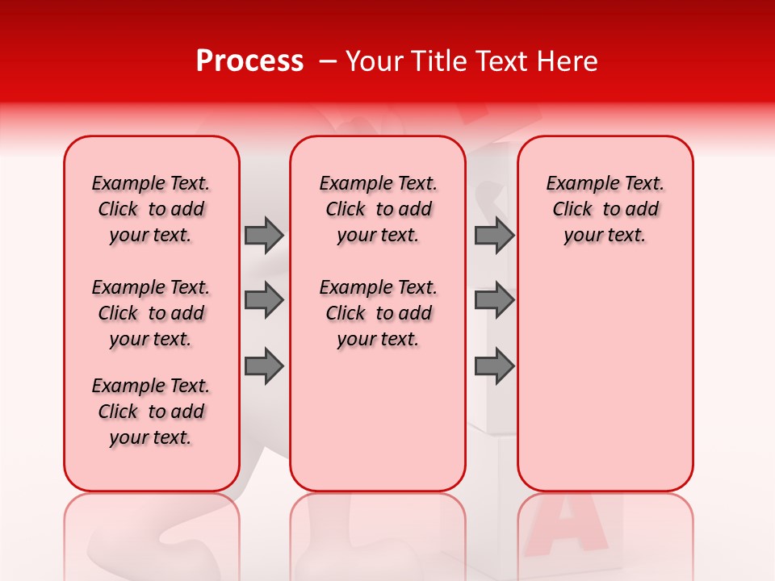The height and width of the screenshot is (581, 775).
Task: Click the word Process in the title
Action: (249, 61)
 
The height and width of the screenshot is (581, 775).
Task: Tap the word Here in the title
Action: (568, 61)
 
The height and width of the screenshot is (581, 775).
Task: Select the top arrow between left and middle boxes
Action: (264, 236)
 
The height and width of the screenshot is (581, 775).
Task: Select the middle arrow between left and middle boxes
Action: (264, 301)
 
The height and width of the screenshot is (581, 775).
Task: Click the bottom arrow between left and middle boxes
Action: (264, 366)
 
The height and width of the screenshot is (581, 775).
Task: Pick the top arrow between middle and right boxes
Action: (494, 236)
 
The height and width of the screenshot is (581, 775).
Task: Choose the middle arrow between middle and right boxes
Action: (494, 301)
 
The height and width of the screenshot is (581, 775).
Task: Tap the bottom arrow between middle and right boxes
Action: (494, 366)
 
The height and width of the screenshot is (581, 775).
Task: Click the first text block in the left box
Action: (151, 209)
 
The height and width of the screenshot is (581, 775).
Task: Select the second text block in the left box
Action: (151, 313)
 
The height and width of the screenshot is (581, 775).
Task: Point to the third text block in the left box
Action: (151, 412)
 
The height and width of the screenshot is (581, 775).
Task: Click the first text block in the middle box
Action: (378, 209)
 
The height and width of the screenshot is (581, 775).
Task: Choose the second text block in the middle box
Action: (378, 313)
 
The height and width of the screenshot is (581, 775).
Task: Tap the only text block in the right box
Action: (605, 209)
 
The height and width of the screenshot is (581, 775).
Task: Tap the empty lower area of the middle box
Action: (378, 420)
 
